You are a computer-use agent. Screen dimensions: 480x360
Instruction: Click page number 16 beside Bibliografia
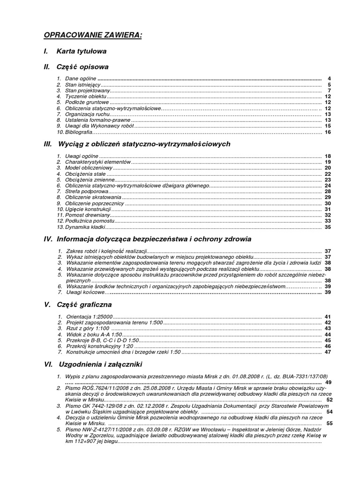click(x=328, y=132)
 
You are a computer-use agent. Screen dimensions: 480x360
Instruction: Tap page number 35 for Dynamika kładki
click(x=328, y=227)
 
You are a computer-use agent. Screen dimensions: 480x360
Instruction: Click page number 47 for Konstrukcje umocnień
click(x=328, y=352)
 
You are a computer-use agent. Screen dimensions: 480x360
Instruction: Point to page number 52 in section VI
click(x=329, y=400)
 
